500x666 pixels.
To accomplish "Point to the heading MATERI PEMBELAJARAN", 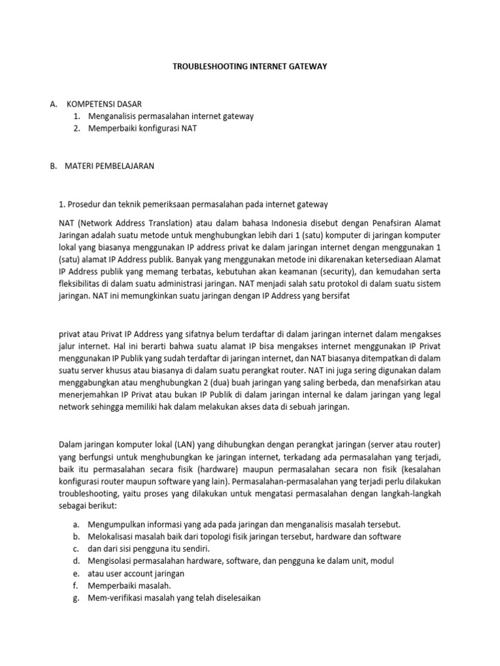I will pos(109,166).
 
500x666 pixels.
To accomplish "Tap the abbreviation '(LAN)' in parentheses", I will pos(184,444).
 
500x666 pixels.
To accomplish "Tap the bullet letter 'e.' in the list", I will pos(76,574).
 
